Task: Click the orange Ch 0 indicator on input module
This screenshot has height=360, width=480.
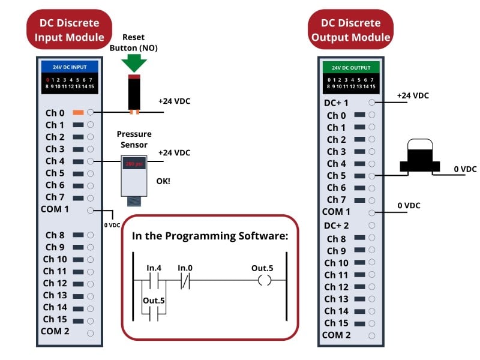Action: click(78, 113)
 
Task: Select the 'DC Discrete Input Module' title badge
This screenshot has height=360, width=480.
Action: click(69, 30)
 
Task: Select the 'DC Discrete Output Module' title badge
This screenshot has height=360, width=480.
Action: click(350, 30)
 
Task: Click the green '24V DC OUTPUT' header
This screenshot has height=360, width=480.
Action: click(351, 67)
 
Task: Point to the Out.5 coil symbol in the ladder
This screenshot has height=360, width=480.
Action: click(265, 281)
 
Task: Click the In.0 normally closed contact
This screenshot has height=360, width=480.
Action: click(185, 281)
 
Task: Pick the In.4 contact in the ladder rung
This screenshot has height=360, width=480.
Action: click(154, 281)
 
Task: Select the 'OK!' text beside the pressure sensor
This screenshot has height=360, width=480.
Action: click(163, 180)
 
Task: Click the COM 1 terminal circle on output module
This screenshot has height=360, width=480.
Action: click(372, 212)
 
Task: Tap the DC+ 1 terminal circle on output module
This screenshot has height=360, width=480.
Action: click(372, 103)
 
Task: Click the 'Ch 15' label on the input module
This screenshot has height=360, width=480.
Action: click(55, 319)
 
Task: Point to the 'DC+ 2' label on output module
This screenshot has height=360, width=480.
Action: click(337, 226)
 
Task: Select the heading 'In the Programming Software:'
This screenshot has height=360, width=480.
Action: click(210, 236)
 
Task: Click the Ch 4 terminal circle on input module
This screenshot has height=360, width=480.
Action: click(91, 161)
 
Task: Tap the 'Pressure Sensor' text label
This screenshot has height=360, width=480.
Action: click(134, 139)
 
